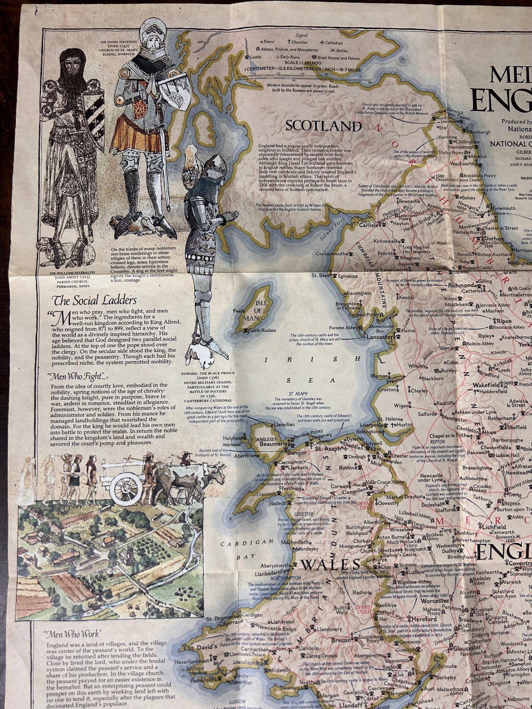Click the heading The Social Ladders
95,300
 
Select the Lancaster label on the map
380,337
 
